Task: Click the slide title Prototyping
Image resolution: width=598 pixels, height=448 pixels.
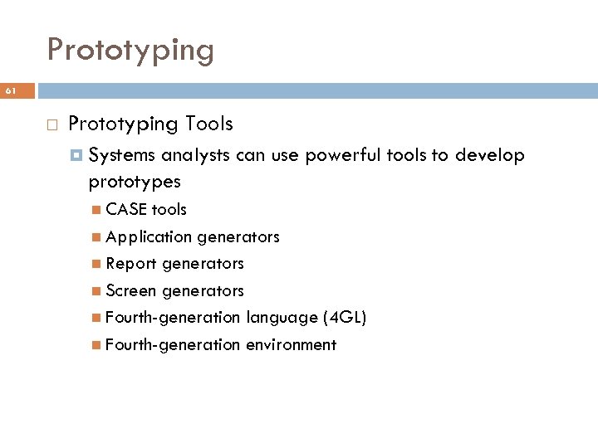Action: [x=130, y=51]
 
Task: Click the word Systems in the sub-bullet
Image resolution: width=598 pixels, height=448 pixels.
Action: [x=123, y=154]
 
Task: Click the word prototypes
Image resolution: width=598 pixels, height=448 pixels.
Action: [x=135, y=180]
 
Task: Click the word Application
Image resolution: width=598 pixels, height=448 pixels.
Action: [x=149, y=236]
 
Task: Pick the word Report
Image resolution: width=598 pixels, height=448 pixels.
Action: [x=131, y=264]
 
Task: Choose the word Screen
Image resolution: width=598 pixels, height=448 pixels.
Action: [x=132, y=291]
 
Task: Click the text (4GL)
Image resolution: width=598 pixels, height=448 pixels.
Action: [x=344, y=318]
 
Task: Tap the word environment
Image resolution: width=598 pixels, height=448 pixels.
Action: [x=291, y=345]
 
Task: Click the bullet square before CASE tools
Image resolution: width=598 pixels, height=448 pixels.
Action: [x=99, y=209]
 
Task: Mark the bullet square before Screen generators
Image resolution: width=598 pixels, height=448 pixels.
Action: [x=99, y=291]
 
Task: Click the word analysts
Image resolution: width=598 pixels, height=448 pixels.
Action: [x=190, y=154]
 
